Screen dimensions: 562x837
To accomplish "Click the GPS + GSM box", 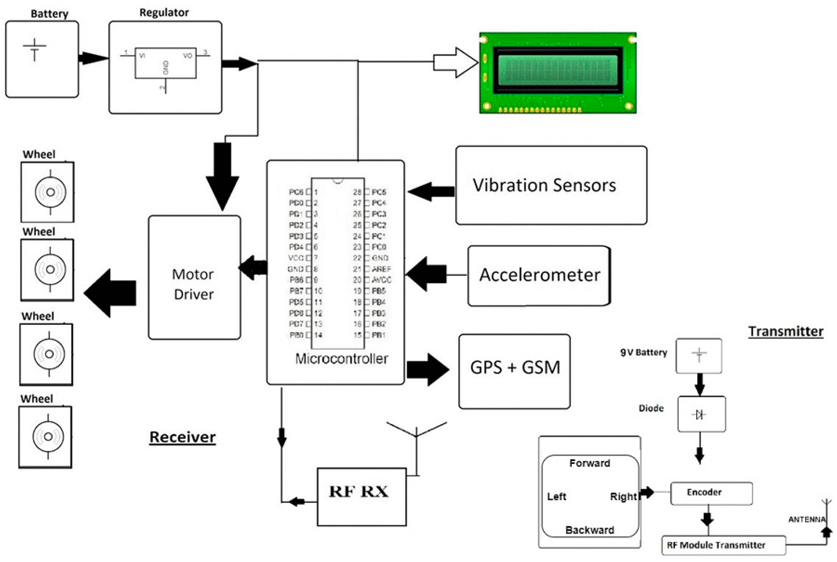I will (x=514, y=371).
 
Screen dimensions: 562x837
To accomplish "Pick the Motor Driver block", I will (x=194, y=277).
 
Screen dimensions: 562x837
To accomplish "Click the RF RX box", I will (x=361, y=497).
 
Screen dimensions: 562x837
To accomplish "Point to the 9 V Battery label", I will (x=643, y=352).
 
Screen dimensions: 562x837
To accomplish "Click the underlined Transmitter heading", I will (x=785, y=331).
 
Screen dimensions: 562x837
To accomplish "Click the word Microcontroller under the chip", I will (x=341, y=359).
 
